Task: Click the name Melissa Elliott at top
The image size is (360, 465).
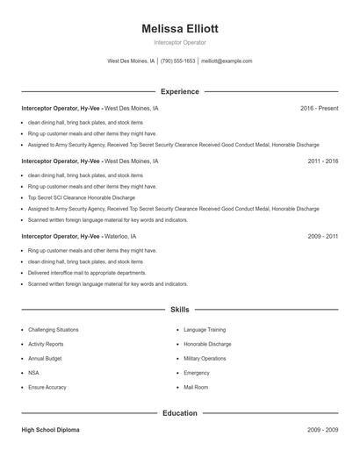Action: tap(179, 28)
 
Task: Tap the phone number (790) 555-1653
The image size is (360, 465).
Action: tap(178, 61)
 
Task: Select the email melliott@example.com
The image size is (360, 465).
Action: tap(227, 61)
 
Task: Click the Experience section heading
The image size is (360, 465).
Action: tap(179, 91)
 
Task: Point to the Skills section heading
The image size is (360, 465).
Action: tap(179, 310)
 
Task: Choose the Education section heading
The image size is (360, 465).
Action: tap(179, 412)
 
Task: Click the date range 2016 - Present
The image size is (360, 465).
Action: tap(319, 108)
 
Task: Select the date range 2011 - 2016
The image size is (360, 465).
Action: tap(322, 161)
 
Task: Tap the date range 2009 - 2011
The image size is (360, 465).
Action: tap(322, 237)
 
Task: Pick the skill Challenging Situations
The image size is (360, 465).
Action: tap(54, 330)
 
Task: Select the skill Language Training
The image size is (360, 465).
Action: tap(205, 330)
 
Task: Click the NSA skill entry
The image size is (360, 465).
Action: tap(34, 372)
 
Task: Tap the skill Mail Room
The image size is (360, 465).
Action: tap(196, 387)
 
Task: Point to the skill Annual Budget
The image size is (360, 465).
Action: tap(46, 358)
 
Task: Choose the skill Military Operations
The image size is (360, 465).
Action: tap(205, 358)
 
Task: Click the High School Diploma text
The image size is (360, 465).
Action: tap(50, 430)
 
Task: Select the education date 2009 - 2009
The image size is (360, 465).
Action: tap(322, 430)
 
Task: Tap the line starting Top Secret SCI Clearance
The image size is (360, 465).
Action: tap(77, 197)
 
